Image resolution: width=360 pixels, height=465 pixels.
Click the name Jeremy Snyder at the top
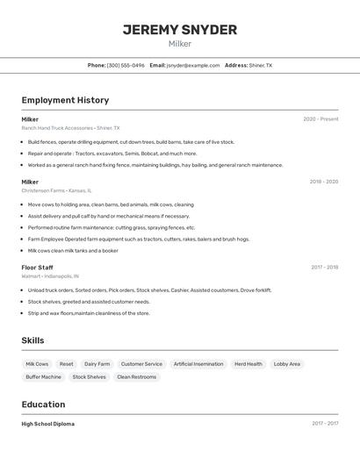180,30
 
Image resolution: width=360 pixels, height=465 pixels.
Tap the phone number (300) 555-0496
126,65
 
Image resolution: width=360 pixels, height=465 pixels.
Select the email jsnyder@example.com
193,65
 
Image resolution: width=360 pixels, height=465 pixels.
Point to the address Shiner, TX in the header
261,65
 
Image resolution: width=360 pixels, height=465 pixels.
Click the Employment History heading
65,100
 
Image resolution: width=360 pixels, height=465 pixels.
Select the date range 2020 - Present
320,119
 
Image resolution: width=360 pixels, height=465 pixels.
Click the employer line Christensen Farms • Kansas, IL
56,190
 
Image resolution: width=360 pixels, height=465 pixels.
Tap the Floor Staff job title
37,267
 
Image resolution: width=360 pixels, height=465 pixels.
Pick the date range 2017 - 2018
324,267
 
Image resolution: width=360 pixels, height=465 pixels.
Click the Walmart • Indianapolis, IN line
50,275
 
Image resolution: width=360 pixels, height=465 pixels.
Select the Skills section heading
33,340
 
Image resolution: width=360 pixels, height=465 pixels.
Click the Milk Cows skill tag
37,364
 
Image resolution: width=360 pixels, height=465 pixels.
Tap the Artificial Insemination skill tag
198,364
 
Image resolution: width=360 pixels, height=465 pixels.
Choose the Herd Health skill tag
248,364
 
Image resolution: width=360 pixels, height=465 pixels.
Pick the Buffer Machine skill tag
44,377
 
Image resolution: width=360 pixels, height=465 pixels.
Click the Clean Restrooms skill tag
137,377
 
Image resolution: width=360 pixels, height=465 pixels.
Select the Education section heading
43,404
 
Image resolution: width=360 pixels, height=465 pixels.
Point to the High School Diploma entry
48,424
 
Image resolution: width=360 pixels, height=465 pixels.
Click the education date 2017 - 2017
324,424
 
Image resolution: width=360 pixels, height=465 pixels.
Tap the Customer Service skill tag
141,364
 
